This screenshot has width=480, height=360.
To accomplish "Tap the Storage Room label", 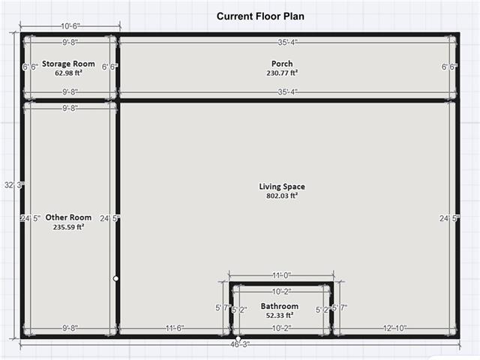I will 68,64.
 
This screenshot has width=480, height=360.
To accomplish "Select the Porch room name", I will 282,64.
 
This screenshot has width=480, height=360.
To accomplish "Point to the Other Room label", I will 68,217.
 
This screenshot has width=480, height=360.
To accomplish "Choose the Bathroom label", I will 280,306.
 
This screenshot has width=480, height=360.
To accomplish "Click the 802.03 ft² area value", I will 282,196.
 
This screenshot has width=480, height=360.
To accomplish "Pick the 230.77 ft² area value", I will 282,73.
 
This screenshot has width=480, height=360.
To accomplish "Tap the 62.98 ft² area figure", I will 68,73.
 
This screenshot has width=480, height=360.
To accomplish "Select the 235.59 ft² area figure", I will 68,226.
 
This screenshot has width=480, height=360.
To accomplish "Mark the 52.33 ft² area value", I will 280,316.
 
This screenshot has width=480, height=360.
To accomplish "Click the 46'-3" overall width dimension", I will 238,343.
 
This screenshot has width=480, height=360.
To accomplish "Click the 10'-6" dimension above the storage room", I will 67,25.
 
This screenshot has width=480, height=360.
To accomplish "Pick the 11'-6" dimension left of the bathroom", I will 175,328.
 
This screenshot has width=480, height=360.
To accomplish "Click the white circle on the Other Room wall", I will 115,278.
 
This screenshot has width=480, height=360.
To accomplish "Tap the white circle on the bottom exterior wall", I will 238,338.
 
